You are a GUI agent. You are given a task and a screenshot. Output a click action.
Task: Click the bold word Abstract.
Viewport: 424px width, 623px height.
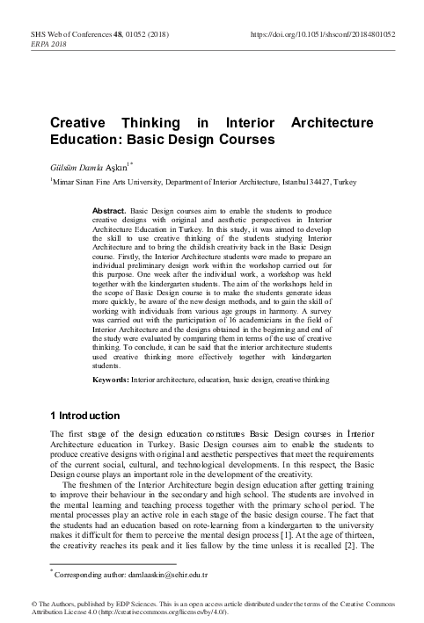click(110, 212)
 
